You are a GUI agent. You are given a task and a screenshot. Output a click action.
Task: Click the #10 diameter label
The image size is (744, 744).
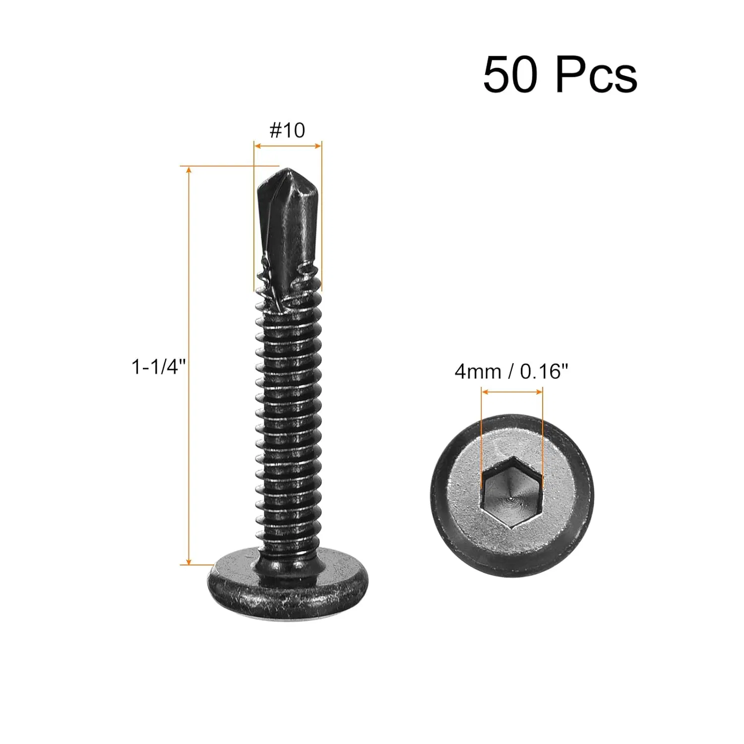[x=287, y=130]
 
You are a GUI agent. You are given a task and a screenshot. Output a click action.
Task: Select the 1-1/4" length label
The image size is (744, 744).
[x=158, y=367]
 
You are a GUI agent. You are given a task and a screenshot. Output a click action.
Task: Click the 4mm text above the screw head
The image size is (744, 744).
[x=478, y=371]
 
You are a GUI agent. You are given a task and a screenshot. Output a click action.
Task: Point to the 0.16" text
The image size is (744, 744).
[x=544, y=371]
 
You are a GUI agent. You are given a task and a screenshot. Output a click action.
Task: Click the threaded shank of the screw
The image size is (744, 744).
[x=288, y=422]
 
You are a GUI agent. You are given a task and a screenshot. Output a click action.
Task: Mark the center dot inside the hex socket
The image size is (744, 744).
[x=511, y=494]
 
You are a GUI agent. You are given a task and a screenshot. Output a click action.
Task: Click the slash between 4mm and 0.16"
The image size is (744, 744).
[x=510, y=371]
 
